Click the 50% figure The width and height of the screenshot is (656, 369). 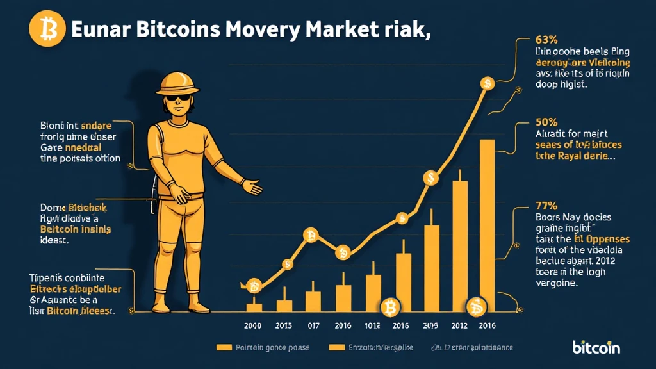[546, 122]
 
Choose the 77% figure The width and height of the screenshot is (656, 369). [546, 206]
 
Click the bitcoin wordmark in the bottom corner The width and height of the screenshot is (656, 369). [596, 347]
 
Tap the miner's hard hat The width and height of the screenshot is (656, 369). [179, 83]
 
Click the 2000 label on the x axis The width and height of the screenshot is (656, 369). [253, 325]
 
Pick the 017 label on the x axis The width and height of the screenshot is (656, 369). [313, 325]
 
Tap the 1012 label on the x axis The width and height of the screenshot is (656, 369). [372, 325]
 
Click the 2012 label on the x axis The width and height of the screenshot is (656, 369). [460, 325]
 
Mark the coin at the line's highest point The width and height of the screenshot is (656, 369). [487, 83]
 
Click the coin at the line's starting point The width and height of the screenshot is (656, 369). [254, 286]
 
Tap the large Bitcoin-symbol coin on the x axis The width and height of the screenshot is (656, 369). [389, 309]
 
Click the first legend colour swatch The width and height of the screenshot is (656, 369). [224, 347]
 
